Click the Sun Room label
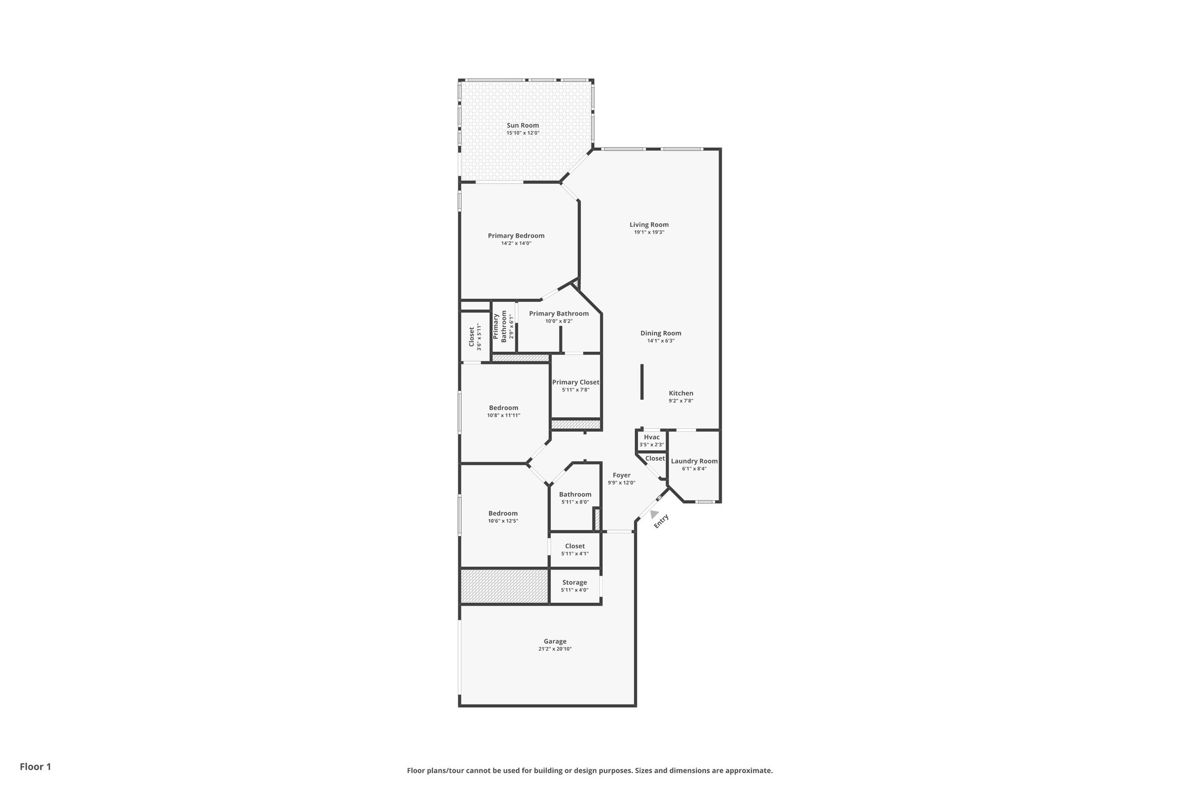click(523, 126)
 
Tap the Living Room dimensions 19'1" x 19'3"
click(649, 233)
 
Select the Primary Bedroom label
click(516, 236)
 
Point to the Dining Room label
click(660, 333)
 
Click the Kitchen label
click(680, 393)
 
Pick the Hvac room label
click(652, 437)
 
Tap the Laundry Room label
click(694, 461)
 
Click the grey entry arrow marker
click(654, 514)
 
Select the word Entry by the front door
click(661, 521)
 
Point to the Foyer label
click(621, 476)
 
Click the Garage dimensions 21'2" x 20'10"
click(555, 649)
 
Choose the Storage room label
click(574, 583)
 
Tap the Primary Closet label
click(576, 382)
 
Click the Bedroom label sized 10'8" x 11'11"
click(504, 408)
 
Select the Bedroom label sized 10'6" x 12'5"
click(503, 514)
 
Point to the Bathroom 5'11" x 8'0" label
click(575, 495)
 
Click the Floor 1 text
click(36, 766)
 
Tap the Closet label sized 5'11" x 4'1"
click(574, 546)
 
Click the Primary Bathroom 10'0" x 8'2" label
click(559, 314)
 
